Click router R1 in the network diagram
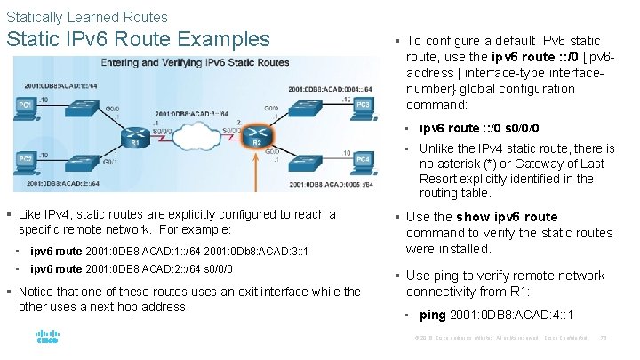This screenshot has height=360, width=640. tap(135, 134)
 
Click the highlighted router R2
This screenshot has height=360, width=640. tap(256, 134)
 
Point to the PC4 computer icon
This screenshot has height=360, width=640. tap(363, 162)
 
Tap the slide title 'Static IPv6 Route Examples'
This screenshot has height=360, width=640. tap(138, 40)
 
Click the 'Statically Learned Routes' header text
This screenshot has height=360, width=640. tap(86, 17)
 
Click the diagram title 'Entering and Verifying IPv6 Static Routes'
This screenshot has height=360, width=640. tap(195, 63)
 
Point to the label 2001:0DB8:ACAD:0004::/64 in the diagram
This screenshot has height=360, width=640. tap(330, 89)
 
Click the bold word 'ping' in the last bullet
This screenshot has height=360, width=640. tap(432, 315)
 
